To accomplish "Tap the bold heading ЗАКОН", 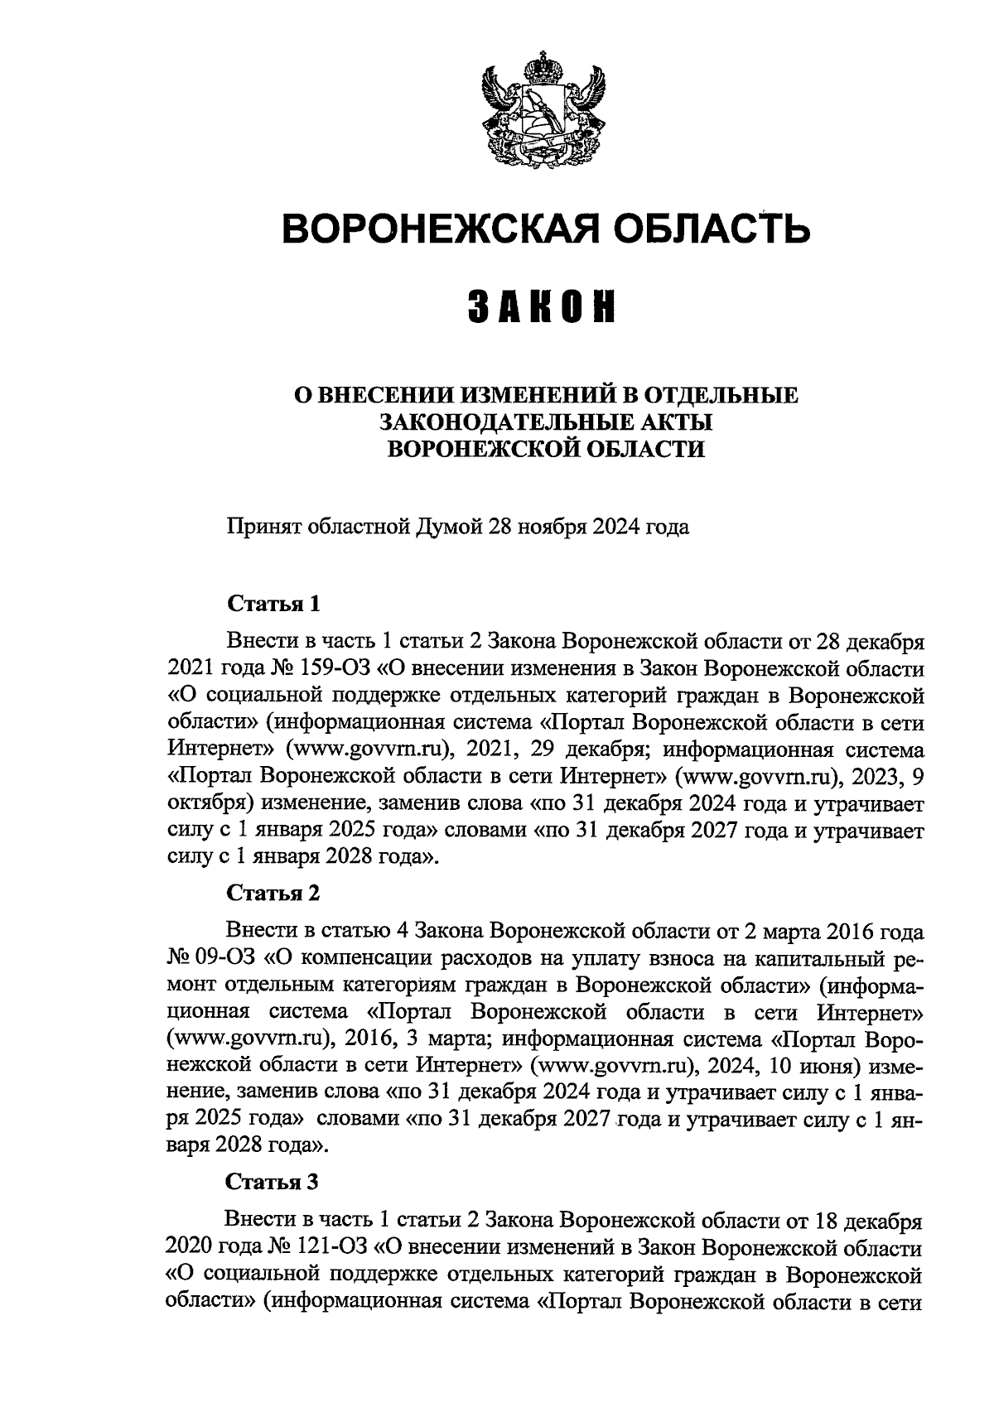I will (x=546, y=306).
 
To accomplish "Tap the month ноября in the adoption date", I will (x=549, y=527).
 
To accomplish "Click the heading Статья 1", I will (x=274, y=603).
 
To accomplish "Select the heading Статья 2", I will (x=274, y=893).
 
